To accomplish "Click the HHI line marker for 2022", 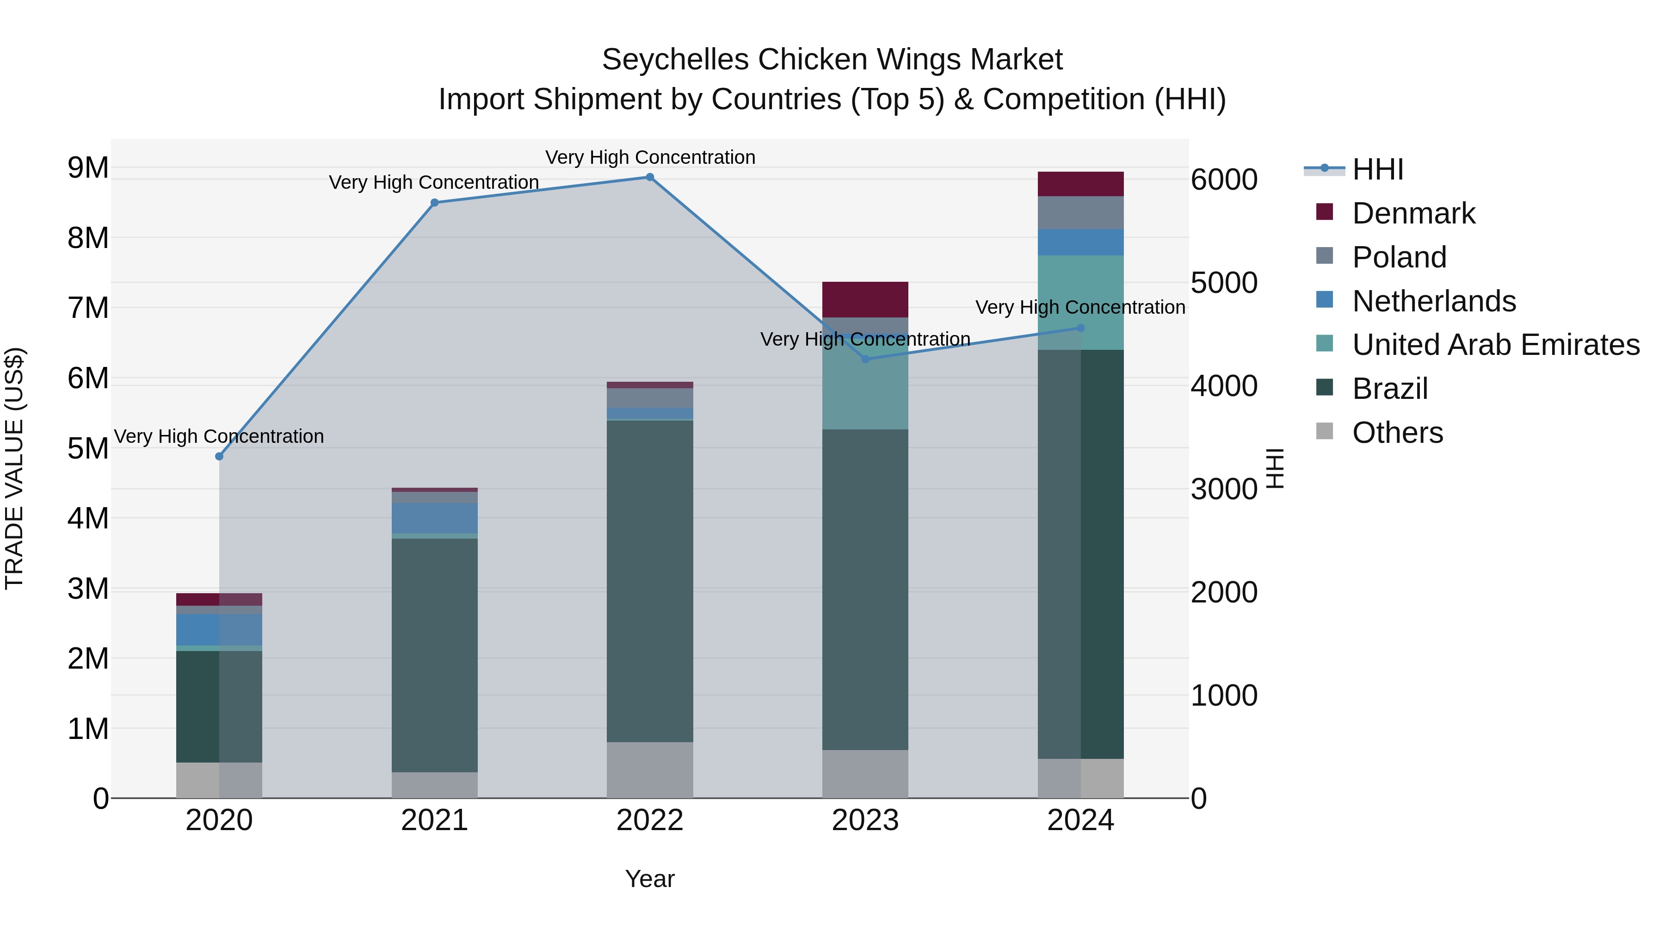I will click(x=650, y=177).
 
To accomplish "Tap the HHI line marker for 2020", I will click(x=219, y=457).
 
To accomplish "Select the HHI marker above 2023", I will click(x=865, y=359).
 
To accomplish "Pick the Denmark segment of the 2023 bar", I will click(x=865, y=299).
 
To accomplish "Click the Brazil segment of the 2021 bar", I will click(x=434, y=654).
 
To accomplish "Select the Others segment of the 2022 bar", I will click(x=650, y=769).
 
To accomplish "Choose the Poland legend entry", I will click(x=1399, y=257).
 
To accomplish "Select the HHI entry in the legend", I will click(x=1377, y=169).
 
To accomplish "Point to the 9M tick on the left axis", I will click(x=88, y=168).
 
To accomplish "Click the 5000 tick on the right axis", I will click(x=1223, y=283).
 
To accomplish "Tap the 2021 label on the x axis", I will click(x=434, y=820).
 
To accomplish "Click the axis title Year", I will click(x=650, y=879).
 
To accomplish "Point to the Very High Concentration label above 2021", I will click(x=434, y=182).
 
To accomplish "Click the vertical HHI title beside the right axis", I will click(x=1275, y=468).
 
